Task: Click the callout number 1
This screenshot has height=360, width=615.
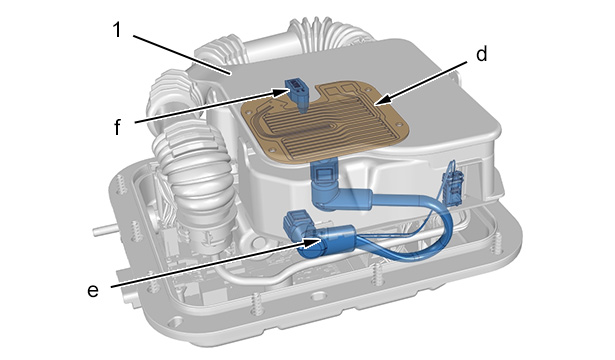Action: (x=117, y=29)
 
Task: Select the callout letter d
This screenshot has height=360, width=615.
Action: (x=482, y=53)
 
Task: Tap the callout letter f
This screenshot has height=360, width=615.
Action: (x=117, y=126)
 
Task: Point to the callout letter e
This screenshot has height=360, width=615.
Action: (x=93, y=291)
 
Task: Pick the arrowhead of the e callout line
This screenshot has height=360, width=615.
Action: (x=313, y=243)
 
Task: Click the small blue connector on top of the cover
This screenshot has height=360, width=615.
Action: (x=297, y=94)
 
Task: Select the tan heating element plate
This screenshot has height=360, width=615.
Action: (x=325, y=122)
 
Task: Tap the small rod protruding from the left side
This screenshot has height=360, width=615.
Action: (x=104, y=230)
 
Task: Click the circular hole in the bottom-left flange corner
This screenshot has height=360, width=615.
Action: (x=174, y=323)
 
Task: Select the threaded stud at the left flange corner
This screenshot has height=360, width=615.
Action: (x=121, y=184)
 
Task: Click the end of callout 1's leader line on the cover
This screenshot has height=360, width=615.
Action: (x=230, y=73)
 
